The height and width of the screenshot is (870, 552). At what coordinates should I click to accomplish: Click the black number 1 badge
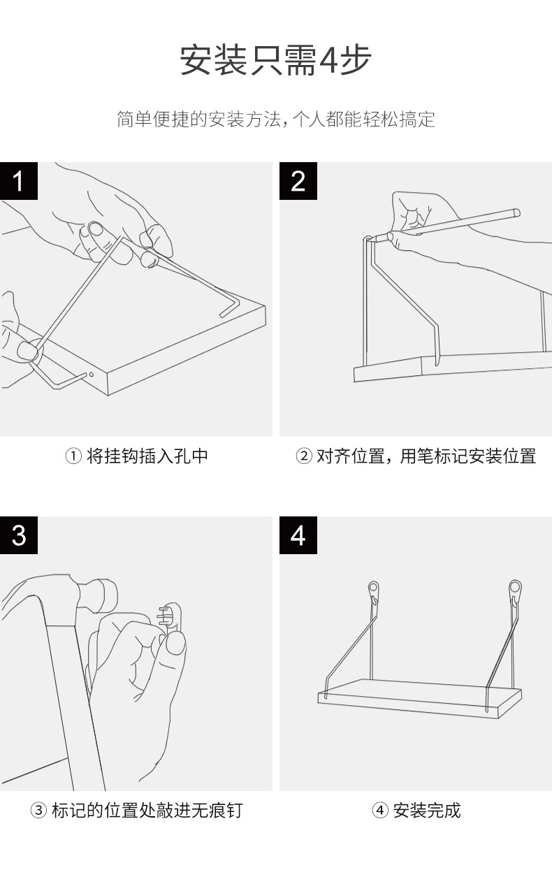(x=19, y=181)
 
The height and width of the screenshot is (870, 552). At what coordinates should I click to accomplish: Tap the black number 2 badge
(x=298, y=181)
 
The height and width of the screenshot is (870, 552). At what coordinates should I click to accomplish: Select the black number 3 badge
(x=19, y=535)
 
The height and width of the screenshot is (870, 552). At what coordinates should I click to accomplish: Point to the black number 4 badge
(x=298, y=535)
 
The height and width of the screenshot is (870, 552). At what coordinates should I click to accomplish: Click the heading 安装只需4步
(x=275, y=60)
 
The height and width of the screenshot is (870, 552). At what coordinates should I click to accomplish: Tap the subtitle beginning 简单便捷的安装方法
(x=275, y=119)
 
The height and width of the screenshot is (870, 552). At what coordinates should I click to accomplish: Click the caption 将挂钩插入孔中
(x=147, y=457)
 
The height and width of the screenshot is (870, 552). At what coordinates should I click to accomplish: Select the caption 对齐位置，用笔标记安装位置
(x=426, y=457)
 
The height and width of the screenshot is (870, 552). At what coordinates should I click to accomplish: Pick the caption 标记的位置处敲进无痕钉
(x=147, y=811)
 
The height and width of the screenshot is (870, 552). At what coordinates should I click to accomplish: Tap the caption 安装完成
(x=426, y=811)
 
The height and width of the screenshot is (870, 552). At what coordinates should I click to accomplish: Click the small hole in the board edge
(x=91, y=375)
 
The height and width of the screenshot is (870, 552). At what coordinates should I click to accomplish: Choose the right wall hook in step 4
(x=516, y=591)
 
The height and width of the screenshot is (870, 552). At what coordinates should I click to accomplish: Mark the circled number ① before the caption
(x=74, y=457)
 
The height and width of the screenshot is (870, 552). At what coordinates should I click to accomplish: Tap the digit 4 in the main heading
(x=328, y=60)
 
